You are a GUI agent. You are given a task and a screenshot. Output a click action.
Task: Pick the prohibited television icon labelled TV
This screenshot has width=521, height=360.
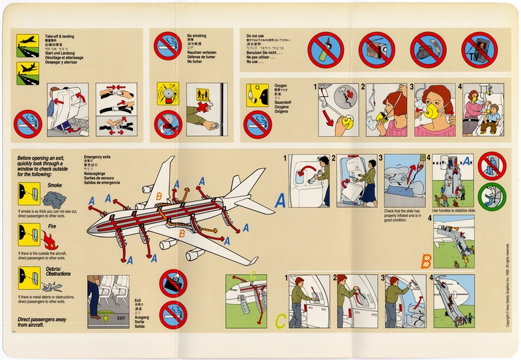click(x=479, y=50)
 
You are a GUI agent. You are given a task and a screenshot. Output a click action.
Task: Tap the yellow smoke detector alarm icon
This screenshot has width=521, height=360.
click(x=168, y=94)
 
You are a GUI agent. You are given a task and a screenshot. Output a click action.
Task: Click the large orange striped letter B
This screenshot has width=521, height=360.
click(x=426, y=260)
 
